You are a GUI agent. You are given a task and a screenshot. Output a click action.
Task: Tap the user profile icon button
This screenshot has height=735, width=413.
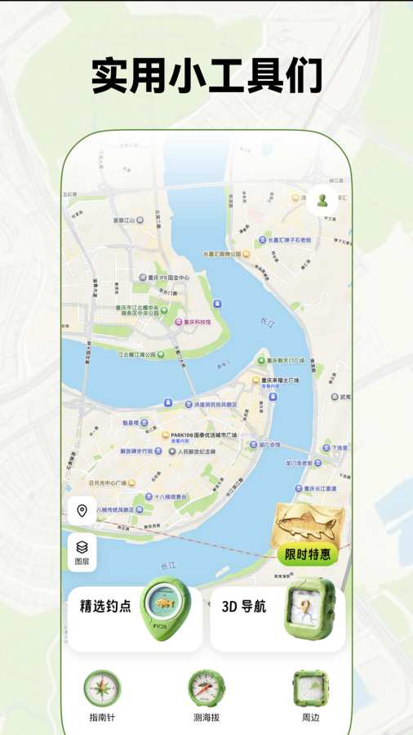(322, 201)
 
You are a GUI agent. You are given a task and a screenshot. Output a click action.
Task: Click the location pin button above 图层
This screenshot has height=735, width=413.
(82, 512)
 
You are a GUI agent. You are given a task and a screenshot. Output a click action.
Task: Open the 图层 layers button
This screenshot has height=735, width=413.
(82, 552)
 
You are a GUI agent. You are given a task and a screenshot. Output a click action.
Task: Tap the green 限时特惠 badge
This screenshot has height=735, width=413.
(308, 555)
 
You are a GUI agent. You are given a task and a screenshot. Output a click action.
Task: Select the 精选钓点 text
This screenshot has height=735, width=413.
(105, 607)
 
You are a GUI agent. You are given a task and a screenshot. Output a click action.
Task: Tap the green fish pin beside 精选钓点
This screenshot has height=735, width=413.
(165, 607)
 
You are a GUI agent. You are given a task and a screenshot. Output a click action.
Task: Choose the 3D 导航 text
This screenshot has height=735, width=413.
(244, 607)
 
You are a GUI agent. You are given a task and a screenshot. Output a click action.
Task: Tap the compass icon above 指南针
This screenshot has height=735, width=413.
(102, 688)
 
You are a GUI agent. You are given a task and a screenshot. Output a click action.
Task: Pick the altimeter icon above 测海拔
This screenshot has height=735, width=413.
(206, 688)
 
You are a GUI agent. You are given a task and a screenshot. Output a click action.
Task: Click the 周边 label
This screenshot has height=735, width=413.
(310, 718)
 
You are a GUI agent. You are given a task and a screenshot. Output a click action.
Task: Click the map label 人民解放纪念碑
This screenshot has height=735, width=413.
(197, 451)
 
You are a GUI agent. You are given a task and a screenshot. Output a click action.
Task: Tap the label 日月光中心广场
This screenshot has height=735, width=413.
(96, 482)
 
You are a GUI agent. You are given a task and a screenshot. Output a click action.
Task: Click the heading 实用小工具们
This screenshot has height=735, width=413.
(206, 76)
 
